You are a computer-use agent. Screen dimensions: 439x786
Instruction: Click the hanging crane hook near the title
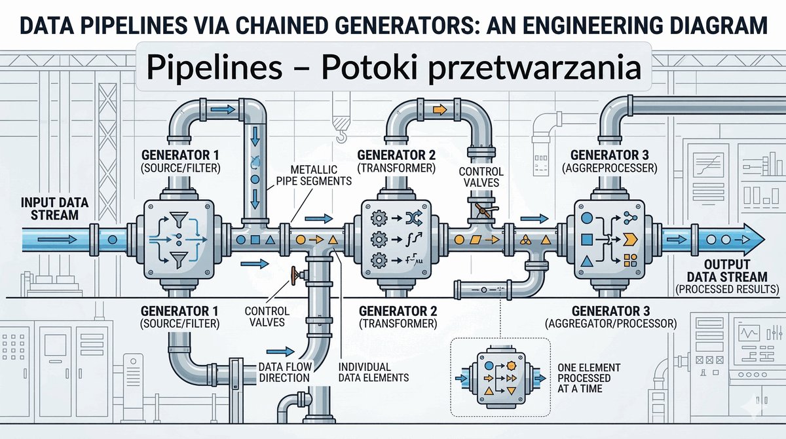click(x=341, y=132)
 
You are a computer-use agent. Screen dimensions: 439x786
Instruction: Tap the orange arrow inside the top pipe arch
click(x=440, y=110)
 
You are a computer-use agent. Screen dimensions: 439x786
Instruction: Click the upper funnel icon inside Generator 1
click(x=176, y=216)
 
